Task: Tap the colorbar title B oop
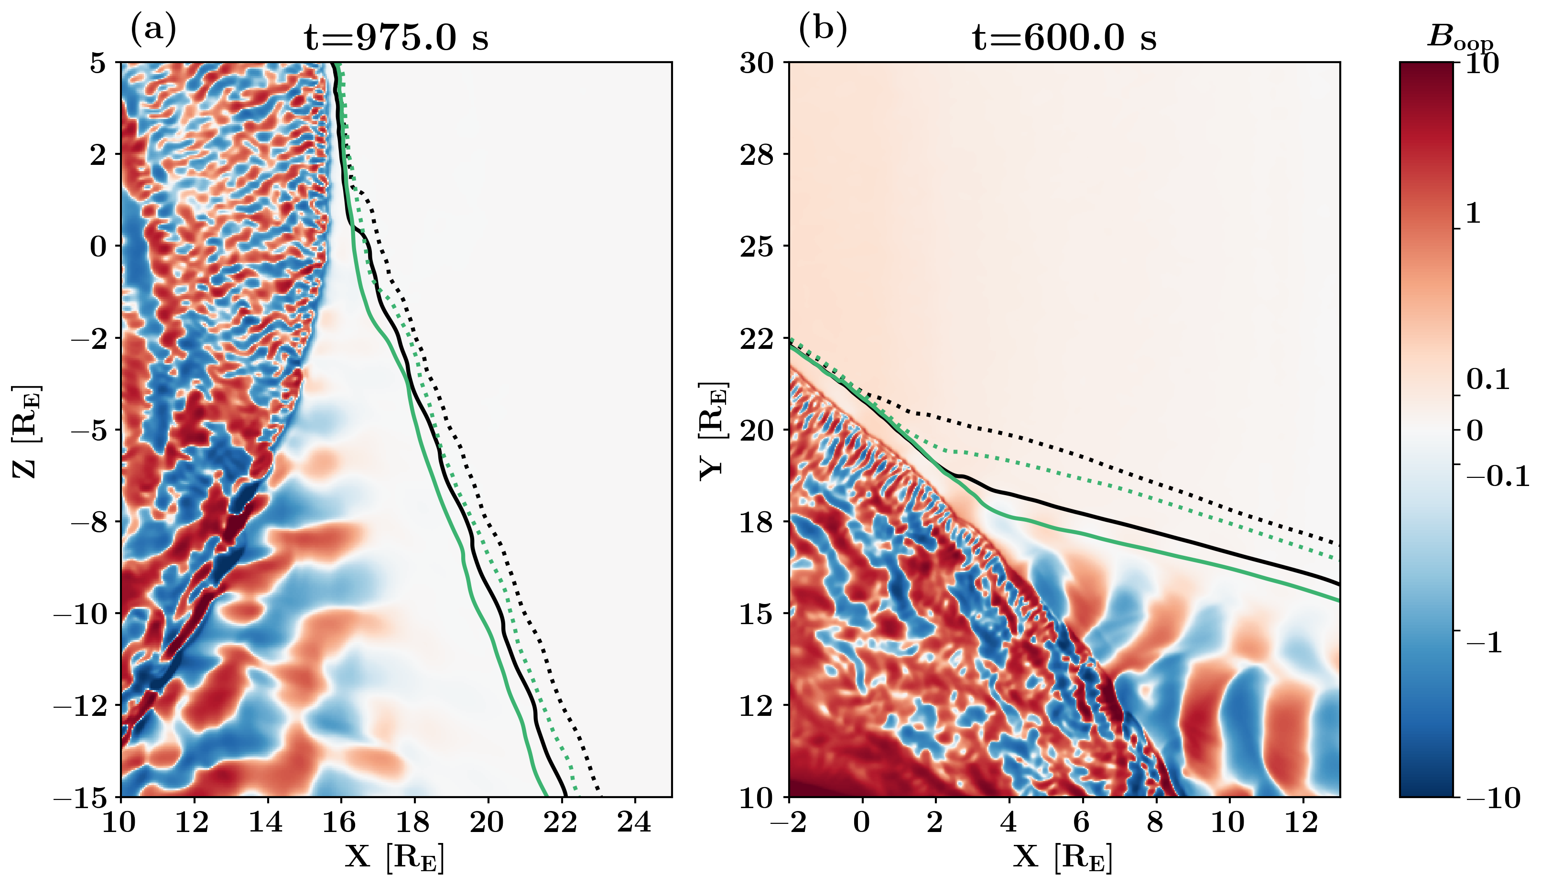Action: point(1459,38)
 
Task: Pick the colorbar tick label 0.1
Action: point(1488,380)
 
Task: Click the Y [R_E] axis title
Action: point(713,430)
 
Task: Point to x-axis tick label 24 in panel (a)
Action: point(635,823)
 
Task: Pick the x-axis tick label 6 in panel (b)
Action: point(1082,823)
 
